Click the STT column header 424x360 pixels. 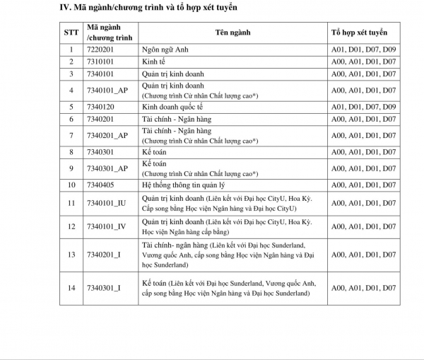click(x=71, y=33)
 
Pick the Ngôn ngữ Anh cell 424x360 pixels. click(x=167, y=50)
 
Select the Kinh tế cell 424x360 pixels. click(x=155, y=62)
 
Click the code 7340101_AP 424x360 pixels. click(x=107, y=90)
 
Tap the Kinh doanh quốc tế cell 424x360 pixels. click(x=173, y=107)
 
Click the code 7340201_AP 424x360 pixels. click(x=107, y=135)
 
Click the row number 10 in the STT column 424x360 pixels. click(x=71, y=185)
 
